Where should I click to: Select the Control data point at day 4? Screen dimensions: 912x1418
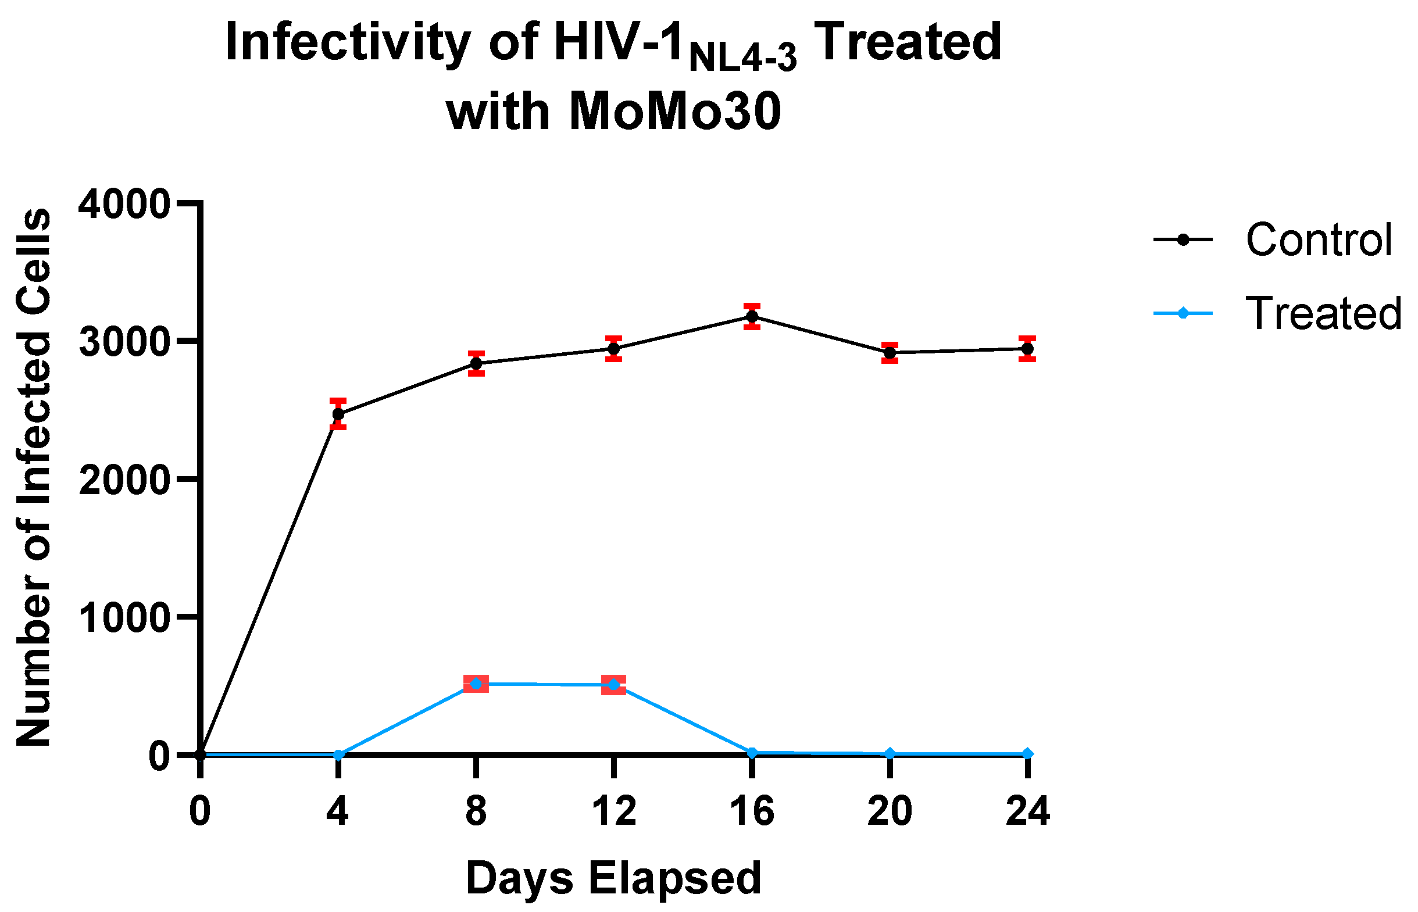pos(338,414)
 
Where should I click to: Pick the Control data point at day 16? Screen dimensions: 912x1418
pos(752,317)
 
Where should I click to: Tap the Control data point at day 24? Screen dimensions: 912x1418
pos(1027,349)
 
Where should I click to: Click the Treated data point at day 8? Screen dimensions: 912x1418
pos(476,684)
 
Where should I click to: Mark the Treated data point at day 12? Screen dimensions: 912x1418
pos(613,685)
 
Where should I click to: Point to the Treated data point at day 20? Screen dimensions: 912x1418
pos(890,754)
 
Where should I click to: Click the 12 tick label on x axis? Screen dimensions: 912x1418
pos(613,811)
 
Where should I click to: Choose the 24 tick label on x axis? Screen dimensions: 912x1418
pos(1028,811)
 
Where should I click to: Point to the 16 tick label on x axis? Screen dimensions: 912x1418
pos(752,811)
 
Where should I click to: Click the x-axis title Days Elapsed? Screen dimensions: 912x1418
pos(613,878)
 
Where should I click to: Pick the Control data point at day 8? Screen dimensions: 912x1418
pos(476,364)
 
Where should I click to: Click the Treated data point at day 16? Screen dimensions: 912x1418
pos(752,753)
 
